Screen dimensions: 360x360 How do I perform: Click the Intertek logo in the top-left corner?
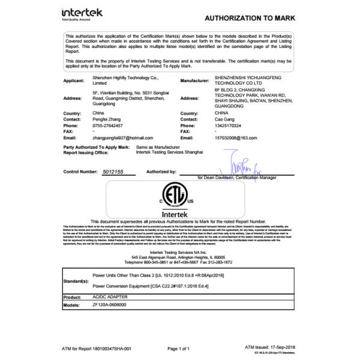(x=82, y=13)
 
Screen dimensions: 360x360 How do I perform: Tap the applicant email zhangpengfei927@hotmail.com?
(x=124, y=137)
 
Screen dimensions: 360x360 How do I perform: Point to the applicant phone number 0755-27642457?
(x=107, y=125)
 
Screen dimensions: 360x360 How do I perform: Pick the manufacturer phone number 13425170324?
(x=231, y=125)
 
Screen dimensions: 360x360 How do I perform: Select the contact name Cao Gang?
(x=225, y=119)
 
